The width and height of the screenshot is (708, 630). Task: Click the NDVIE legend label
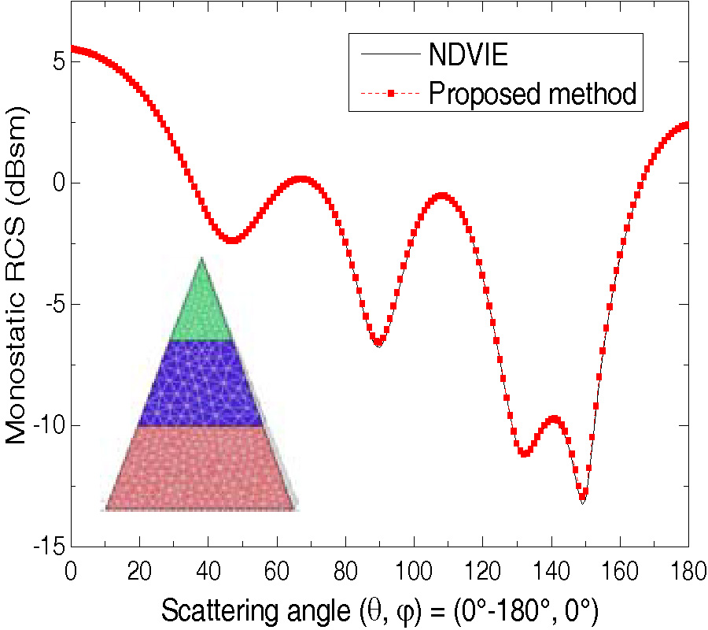[x=469, y=55]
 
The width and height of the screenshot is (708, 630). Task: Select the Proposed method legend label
[x=532, y=93]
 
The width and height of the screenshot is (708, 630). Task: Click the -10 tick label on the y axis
[x=46, y=426]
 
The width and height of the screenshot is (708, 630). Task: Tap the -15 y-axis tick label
[x=46, y=547]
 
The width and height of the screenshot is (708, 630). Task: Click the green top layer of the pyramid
[x=202, y=307]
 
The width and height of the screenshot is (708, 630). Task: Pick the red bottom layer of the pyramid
[x=200, y=469]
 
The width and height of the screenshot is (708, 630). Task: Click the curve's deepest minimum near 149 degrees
[x=582, y=498]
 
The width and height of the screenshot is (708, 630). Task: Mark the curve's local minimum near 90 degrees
[x=379, y=343]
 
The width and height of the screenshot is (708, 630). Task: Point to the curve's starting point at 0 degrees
[x=72, y=49]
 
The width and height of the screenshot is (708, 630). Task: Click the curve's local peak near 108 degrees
[x=442, y=195]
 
